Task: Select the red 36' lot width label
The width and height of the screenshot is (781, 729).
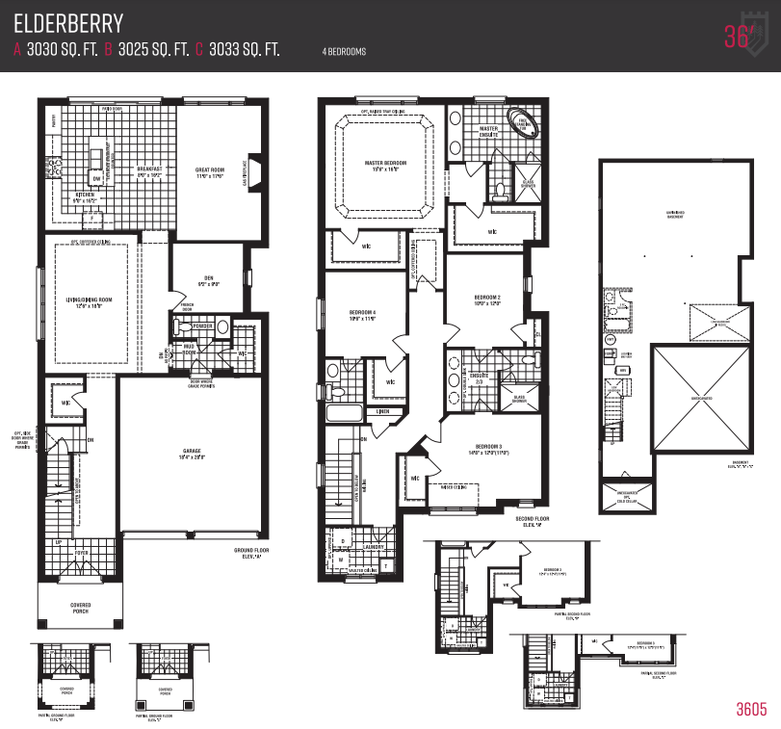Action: coord(737,36)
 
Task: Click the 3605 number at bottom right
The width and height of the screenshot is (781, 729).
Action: coord(751,710)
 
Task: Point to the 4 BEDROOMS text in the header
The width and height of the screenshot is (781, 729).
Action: coord(344,51)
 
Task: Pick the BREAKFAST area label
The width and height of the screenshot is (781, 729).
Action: coord(149,169)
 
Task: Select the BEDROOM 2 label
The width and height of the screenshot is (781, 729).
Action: coord(486,297)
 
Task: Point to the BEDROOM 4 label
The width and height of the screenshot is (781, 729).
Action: coord(361,313)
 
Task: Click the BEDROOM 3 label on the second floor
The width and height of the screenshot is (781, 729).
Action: coord(488,447)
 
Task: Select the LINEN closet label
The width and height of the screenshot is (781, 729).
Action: coord(382,411)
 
